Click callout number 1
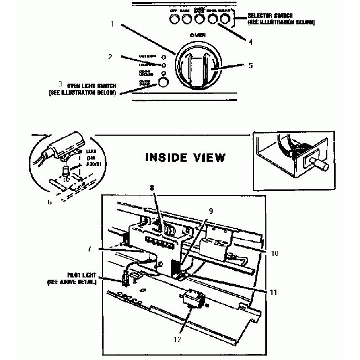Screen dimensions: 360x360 pos(112,24)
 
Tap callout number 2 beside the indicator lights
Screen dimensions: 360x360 pos(111,56)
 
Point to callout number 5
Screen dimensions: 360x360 pos(251,65)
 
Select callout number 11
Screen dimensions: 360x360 pos(272,292)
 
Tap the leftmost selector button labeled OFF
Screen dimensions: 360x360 pos(174,19)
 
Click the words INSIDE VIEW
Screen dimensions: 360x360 pos(185,157)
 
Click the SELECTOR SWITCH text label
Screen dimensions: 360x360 pos(282,19)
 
